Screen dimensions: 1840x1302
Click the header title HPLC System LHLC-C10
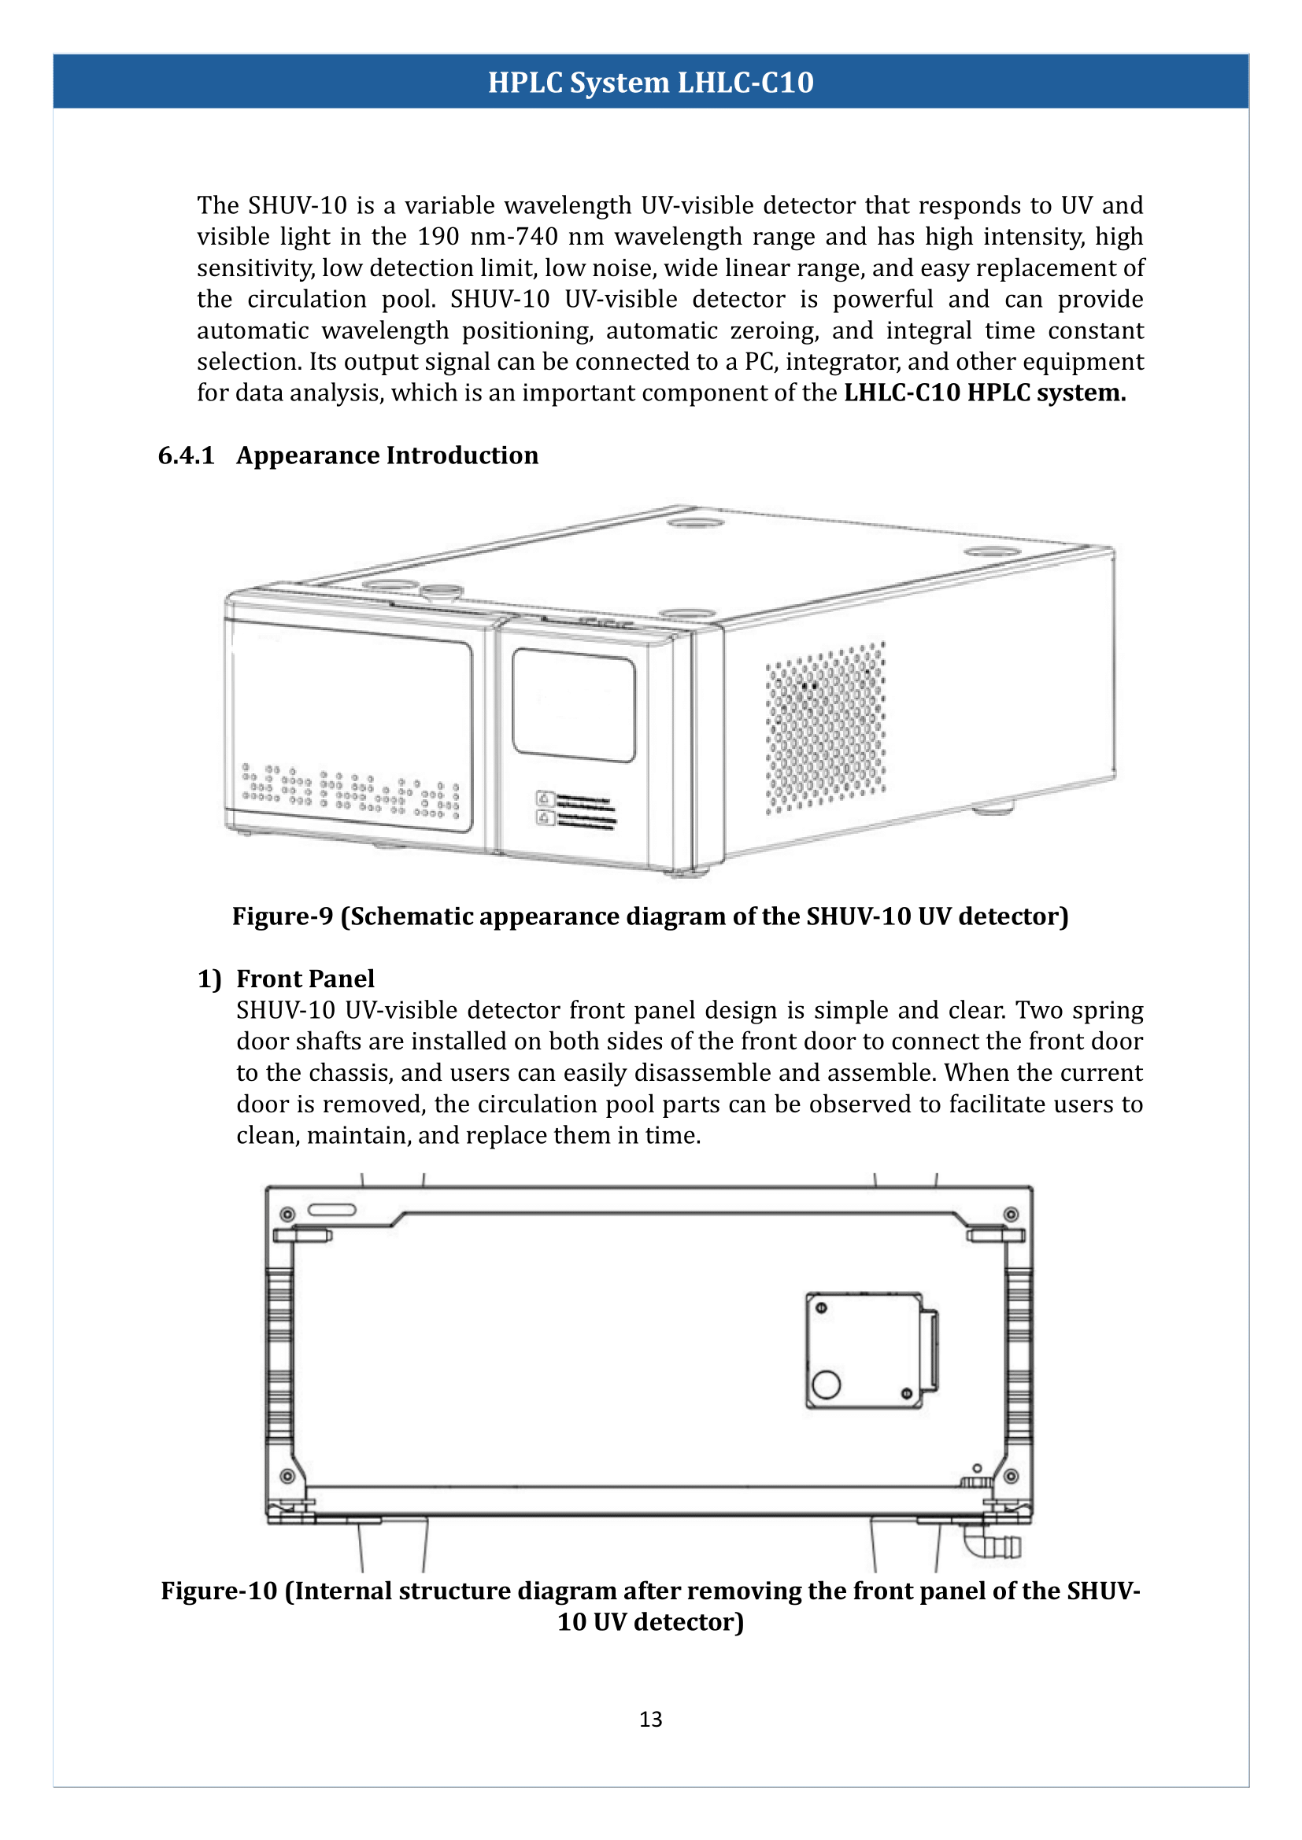click(x=650, y=83)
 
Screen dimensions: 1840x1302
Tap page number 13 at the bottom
click(x=650, y=1719)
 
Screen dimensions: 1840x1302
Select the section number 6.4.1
click(x=186, y=455)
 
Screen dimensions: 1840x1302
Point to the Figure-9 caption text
click(x=650, y=916)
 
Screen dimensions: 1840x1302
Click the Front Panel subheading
click(x=305, y=979)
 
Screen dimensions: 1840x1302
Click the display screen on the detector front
click(x=573, y=705)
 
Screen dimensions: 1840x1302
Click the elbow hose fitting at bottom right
click(x=991, y=1543)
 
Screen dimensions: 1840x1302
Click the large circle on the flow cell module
click(x=826, y=1384)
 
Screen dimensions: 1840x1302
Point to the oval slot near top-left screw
click(x=332, y=1209)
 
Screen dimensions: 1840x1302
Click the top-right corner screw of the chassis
click(x=1012, y=1214)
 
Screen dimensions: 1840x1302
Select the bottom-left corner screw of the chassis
click(x=287, y=1476)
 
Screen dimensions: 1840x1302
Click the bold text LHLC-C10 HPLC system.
click(x=985, y=393)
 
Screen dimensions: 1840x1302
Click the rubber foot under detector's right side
click(x=993, y=808)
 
